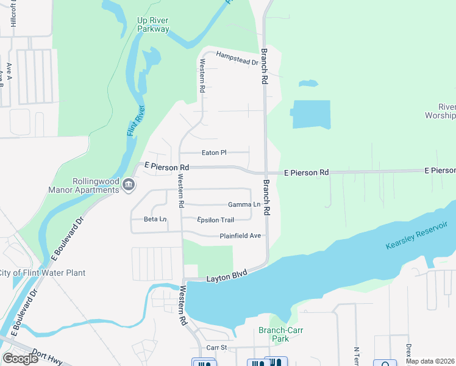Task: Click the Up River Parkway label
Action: [x=153, y=24]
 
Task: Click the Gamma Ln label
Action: [x=244, y=204]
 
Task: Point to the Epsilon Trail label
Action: [x=215, y=220]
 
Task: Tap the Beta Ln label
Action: [x=155, y=219]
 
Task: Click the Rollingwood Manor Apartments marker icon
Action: [x=128, y=184]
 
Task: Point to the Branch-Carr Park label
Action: [x=280, y=334]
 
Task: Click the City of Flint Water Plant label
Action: [x=42, y=273]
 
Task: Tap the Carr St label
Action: [x=216, y=347]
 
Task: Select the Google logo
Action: [x=20, y=359]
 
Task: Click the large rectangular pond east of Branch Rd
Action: [x=312, y=114]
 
